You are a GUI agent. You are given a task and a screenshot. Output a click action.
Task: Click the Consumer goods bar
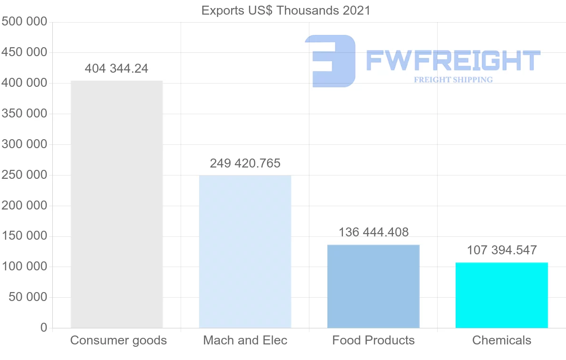click(117, 204)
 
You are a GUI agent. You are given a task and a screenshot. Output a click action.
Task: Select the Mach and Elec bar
click(245, 251)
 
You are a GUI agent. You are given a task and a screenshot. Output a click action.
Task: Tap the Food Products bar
click(373, 286)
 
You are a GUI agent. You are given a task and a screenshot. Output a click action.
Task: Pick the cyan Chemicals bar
click(501, 295)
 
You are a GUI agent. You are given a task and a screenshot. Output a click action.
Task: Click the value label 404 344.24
click(117, 69)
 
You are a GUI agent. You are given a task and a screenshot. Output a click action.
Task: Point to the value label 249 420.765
click(245, 164)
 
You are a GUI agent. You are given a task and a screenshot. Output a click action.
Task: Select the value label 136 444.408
click(373, 232)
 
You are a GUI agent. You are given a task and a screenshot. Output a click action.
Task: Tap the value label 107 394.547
click(501, 250)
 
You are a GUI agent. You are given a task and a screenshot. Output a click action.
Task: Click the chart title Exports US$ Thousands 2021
click(286, 10)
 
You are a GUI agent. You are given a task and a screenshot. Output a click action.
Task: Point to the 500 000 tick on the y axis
click(25, 22)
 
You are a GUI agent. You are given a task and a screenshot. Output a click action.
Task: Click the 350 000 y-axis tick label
click(25, 114)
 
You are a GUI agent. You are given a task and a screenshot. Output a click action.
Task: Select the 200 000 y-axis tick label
click(25, 206)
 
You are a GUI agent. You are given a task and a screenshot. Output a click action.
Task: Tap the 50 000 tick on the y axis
click(28, 297)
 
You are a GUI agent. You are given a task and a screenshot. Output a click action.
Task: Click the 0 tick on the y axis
click(44, 327)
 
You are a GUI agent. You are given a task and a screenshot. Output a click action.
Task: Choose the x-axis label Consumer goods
click(118, 340)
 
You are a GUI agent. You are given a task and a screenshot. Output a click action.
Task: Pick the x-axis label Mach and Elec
click(245, 340)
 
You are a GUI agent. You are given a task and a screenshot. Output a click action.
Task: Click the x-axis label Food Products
click(373, 340)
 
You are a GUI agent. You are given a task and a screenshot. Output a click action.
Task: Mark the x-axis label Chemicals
click(501, 340)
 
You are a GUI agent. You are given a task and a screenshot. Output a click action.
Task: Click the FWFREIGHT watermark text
click(453, 61)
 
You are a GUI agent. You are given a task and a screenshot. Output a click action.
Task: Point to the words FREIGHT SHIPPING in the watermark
click(453, 80)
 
